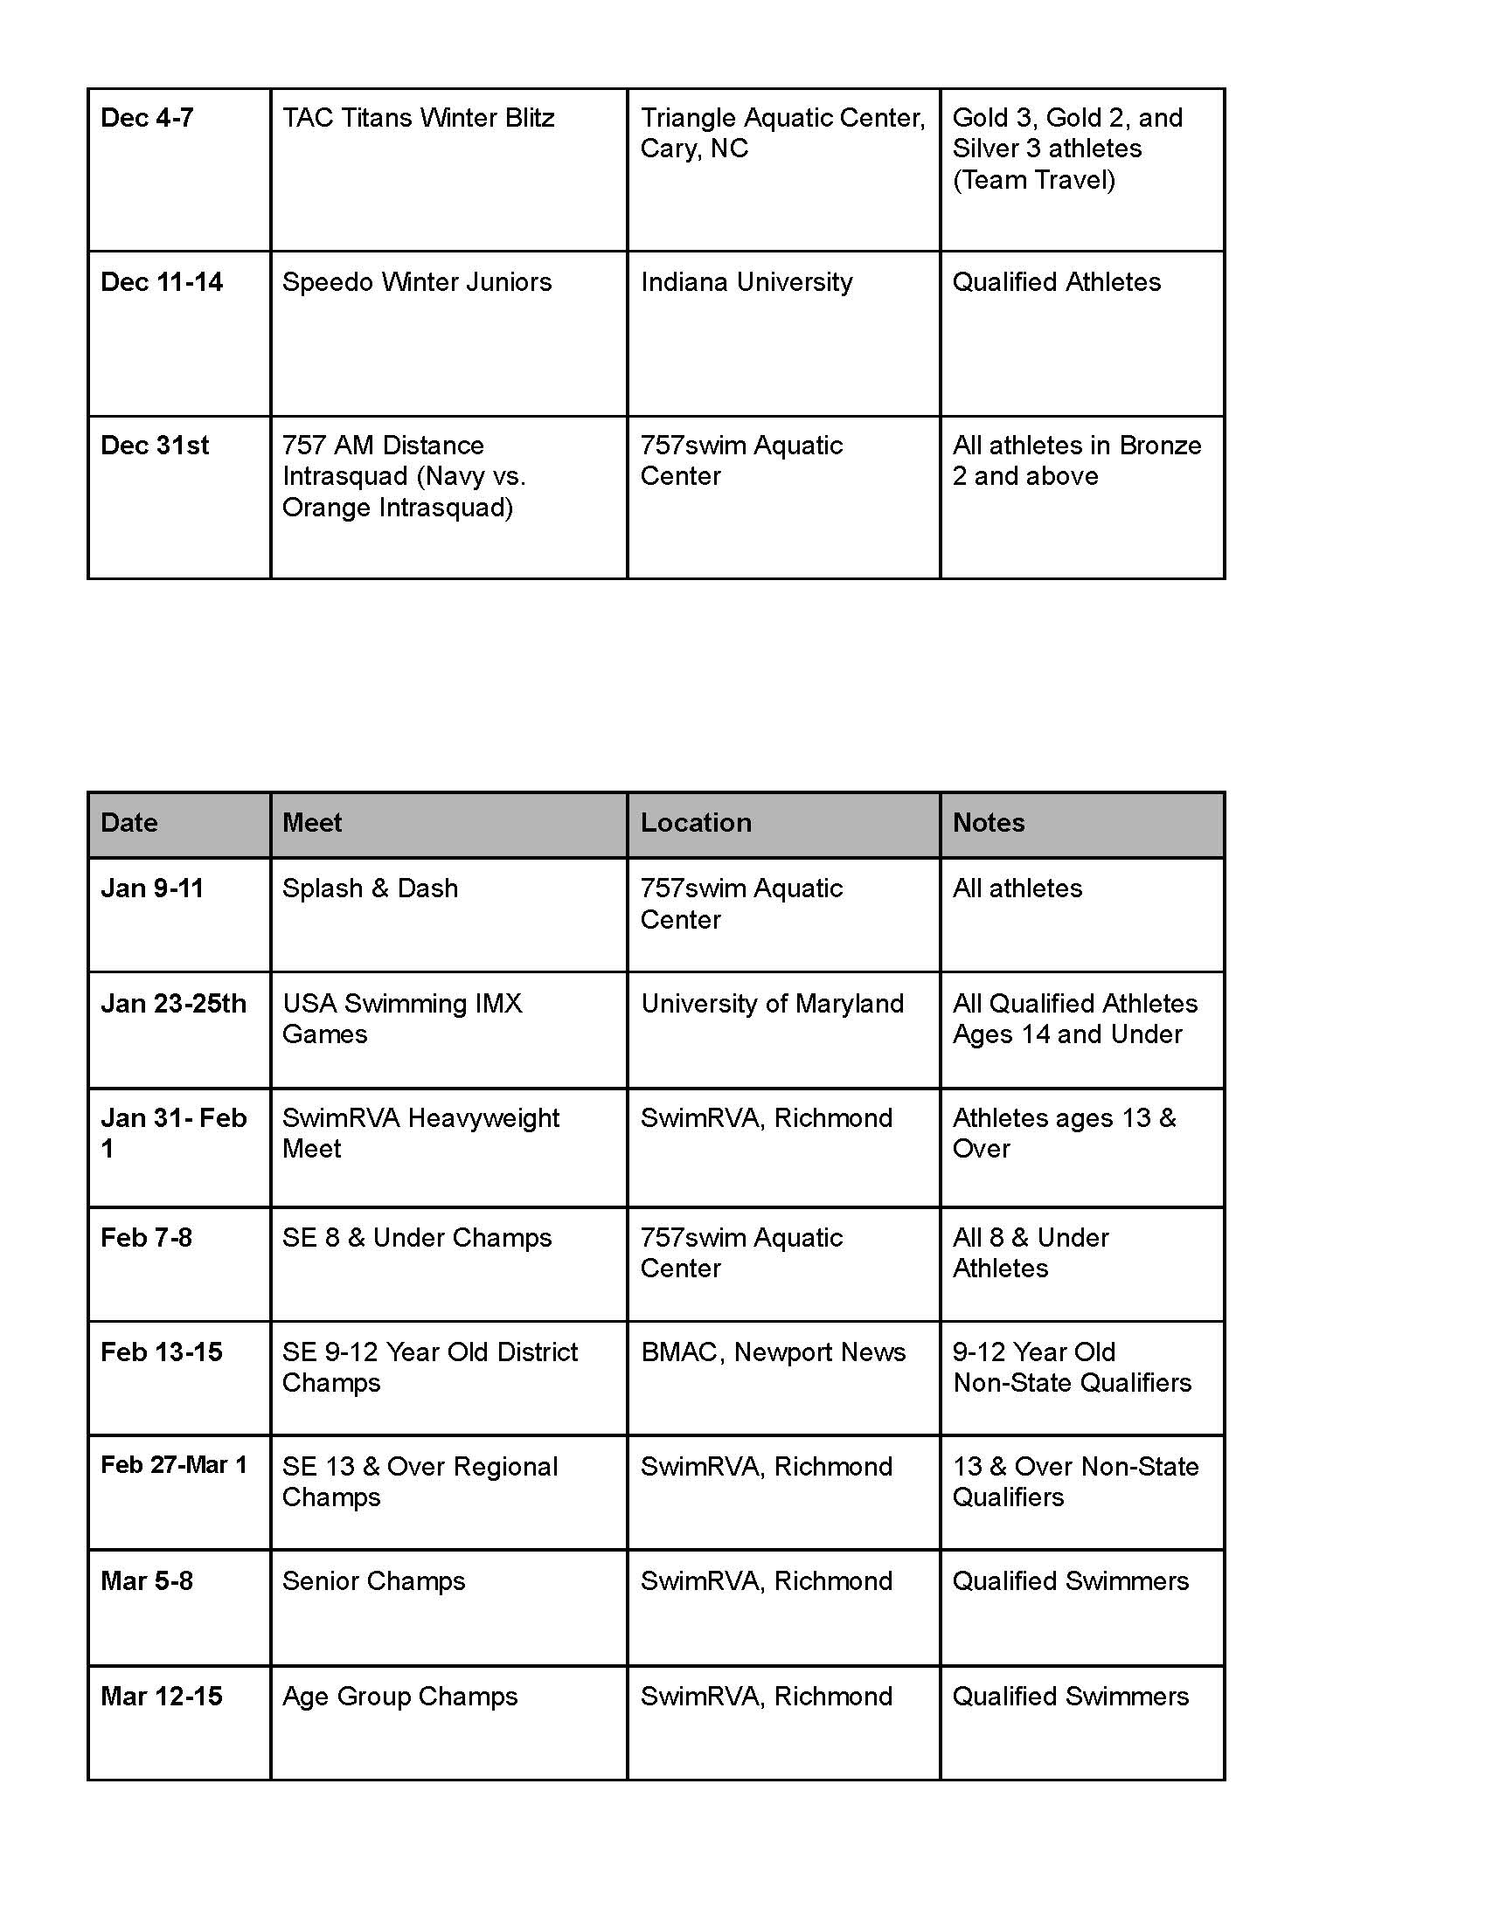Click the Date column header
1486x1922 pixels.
click(x=129, y=823)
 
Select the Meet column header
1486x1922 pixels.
click(x=312, y=823)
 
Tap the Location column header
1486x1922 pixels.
click(x=696, y=823)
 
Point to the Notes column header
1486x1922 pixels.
click(x=988, y=823)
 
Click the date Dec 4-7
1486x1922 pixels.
click(x=147, y=118)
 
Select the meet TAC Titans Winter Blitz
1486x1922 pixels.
click(x=418, y=118)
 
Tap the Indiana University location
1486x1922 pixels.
click(x=746, y=282)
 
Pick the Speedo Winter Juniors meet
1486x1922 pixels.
click(x=416, y=282)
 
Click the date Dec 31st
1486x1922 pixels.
click(x=155, y=446)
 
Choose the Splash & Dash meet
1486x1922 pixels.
click(x=370, y=888)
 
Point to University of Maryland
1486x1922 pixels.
click(x=772, y=1004)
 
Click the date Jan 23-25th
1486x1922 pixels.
click(x=173, y=1004)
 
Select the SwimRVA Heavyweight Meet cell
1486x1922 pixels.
click(x=420, y=1133)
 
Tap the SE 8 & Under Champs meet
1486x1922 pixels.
click(x=416, y=1238)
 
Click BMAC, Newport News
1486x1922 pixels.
click(x=773, y=1352)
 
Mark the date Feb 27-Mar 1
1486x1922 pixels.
click(x=173, y=1465)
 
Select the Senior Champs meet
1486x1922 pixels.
click(x=373, y=1581)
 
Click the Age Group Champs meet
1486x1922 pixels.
click(x=399, y=1697)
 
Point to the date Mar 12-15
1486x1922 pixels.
click(x=161, y=1697)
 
